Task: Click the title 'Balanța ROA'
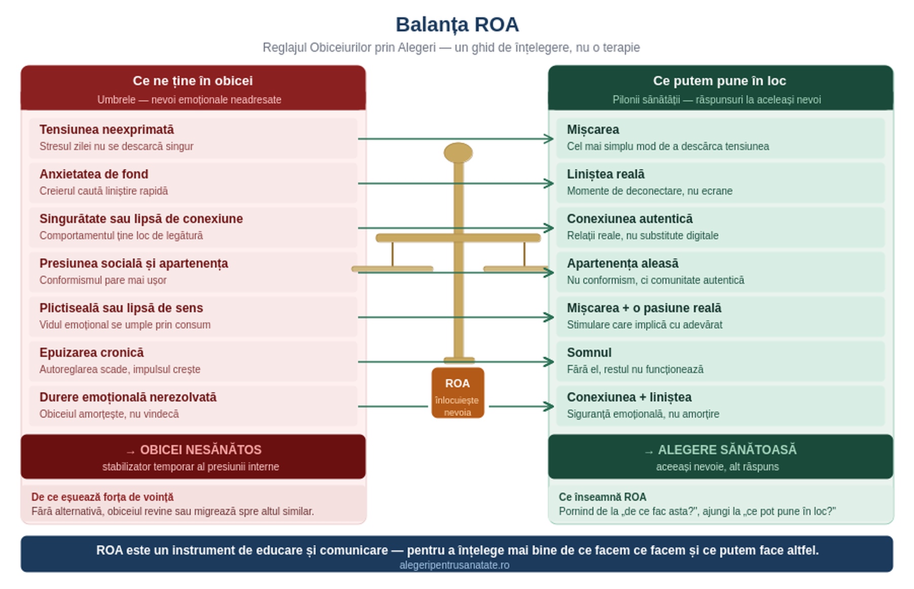click(457, 25)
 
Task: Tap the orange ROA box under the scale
click(458, 393)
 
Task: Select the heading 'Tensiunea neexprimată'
click(107, 130)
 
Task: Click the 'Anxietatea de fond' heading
click(94, 174)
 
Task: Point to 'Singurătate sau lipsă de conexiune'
click(141, 219)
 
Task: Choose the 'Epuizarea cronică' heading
click(91, 353)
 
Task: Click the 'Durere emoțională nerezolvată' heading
click(128, 397)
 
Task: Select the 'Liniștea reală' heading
click(606, 174)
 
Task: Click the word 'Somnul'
click(589, 353)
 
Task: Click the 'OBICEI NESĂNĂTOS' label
click(200, 450)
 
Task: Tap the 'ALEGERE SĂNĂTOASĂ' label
click(727, 450)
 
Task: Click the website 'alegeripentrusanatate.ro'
click(454, 565)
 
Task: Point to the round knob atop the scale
click(458, 153)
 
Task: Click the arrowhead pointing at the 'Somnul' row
click(549, 362)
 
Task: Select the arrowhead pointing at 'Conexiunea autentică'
click(549, 228)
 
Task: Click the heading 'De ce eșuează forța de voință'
click(102, 497)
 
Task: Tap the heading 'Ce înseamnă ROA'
click(603, 497)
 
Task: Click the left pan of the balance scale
click(392, 269)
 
